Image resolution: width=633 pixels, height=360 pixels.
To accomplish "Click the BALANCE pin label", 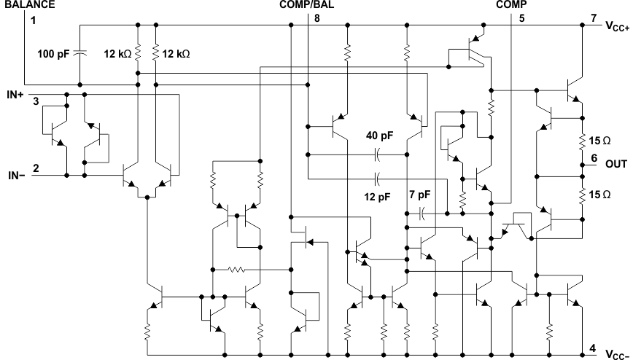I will (x=29, y=4).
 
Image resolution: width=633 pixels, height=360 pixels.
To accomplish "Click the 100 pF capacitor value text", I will (x=54, y=52).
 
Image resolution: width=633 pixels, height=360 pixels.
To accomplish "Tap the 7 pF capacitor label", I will (x=421, y=195).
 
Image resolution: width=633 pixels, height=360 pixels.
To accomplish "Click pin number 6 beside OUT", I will (x=594, y=158).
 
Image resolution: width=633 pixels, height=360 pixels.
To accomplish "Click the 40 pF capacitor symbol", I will (x=378, y=154).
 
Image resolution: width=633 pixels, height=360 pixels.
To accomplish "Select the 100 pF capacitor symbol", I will (x=80, y=52).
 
